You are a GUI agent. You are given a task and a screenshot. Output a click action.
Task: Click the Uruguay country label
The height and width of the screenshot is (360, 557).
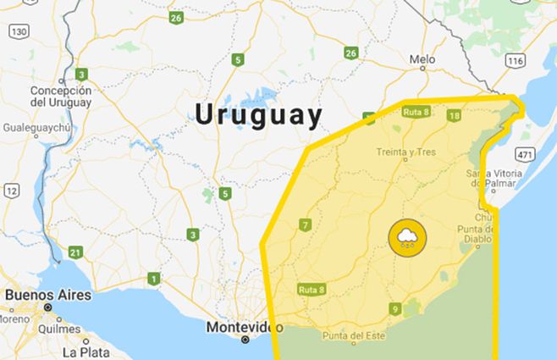pyautogui.click(x=259, y=115)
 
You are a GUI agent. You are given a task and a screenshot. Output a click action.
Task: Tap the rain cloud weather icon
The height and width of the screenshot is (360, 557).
pyautogui.click(x=407, y=237)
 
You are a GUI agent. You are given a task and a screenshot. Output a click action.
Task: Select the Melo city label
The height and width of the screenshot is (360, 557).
pyautogui.click(x=422, y=60)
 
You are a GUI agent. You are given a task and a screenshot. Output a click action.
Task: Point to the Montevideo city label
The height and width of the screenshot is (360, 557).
pyautogui.click(x=245, y=327)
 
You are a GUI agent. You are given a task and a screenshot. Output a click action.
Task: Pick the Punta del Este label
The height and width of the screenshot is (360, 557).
pyautogui.click(x=353, y=337)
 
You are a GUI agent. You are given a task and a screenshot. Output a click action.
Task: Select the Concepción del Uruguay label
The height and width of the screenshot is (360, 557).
pyautogui.click(x=60, y=97)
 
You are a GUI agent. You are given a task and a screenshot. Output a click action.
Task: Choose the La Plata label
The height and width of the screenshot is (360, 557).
pyautogui.click(x=86, y=350)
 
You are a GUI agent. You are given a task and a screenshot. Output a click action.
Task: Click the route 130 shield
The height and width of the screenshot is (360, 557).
pyautogui.click(x=19, y=30)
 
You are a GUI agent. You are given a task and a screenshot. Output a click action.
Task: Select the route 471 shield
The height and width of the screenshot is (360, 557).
pyautogui.click(x=526, y=155)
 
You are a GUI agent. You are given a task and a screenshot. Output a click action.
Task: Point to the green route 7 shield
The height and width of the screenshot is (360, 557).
pyautogui.click(x=305, y=225)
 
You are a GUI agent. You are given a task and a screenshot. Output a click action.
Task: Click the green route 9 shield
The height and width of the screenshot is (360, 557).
pyautogui.click(x=394, y=308)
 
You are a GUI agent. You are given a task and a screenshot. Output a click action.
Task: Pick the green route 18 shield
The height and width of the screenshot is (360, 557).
pyautogui.click(x=455, y=115)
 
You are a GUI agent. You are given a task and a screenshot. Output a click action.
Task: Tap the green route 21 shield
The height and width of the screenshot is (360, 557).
pyautogui.click(x=76, y=252)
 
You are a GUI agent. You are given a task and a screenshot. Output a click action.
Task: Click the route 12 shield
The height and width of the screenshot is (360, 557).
pyautogui.click(x=10, y=191)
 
